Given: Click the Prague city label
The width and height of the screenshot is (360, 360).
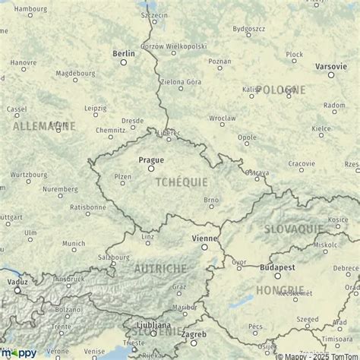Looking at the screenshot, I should [151, 160].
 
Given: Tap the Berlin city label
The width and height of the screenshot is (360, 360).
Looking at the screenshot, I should [123, 53].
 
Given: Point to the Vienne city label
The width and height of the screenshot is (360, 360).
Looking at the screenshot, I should [203, 238].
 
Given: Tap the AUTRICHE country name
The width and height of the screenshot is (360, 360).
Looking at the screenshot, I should [159, 269].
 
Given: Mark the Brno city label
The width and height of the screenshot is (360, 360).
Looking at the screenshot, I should [213, 200].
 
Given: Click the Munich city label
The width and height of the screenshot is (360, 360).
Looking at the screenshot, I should [74, 243].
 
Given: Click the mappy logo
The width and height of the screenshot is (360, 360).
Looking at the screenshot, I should [22, 352].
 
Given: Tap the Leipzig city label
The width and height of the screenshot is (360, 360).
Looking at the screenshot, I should [96, 108].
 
